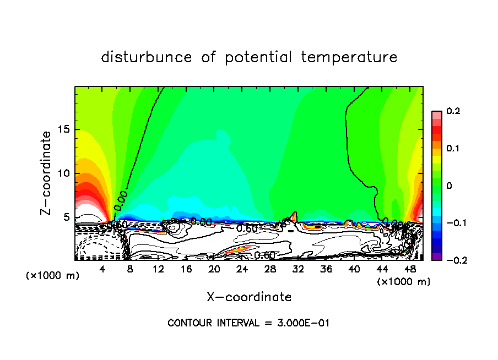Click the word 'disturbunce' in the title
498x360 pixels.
point(147,57)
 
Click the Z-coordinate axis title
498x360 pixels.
point(46,173)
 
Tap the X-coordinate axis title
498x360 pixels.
point(249,297)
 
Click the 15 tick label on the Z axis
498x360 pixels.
point(64,129)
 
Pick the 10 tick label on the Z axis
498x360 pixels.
point(64,173)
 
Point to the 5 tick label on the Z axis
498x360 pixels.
point(67,217)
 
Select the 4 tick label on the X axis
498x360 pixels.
point(102,269)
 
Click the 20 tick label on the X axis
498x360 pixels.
point(214,269)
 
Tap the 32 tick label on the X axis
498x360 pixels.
point(298,269)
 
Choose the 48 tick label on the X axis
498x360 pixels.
point(410,269)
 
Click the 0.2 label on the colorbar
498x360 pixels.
point(453,111)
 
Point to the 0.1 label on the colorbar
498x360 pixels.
point(453,148)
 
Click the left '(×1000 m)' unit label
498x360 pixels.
point(53,276)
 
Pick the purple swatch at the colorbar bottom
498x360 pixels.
point(436,256)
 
